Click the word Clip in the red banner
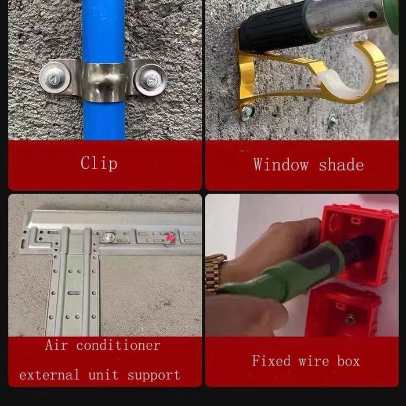point(99,164)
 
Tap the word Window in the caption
point(281,165)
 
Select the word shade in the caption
point(341,165)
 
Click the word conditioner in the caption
point(118,346)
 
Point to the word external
point(49,375)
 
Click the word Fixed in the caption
point(271,361)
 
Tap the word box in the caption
point(348,361)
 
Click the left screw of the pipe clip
point(55,77)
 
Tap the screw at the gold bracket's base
point(248,111)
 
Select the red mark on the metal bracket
point(171,238)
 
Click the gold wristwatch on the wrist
point(215,273)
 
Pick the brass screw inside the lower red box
point(350,319)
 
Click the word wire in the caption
point(314,361)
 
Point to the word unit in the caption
point(104,375)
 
